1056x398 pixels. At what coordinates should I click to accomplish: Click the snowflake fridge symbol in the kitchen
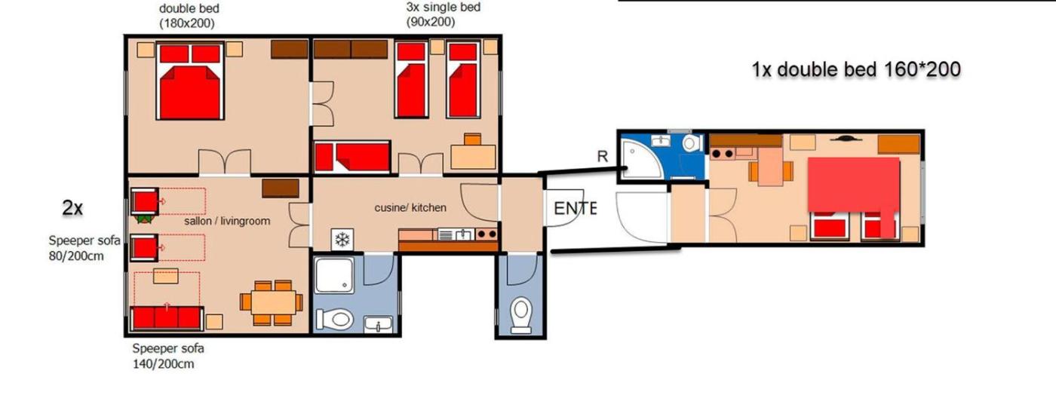(x=342, y=240)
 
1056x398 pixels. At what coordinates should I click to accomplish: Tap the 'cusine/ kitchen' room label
(x=410, y=208)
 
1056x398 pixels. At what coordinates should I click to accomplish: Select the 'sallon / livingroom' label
(x=227, y=221)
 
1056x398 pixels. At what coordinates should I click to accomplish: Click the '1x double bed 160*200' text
(x=856, y=69)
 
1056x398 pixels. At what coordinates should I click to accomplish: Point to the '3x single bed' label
(x=444, y=7)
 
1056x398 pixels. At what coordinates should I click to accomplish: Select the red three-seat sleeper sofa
(x=167, y=318)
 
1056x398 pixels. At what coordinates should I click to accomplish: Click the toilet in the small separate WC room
(x=520, y=314)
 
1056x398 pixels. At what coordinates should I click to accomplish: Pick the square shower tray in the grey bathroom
(x=334, y=275)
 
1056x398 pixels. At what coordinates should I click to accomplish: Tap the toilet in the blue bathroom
(x=691, y=142)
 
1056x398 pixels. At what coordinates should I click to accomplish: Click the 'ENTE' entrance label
(x=575, y=208)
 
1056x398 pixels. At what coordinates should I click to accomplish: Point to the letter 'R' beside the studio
(x=603, y=156)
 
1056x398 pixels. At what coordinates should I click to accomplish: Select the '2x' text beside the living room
(x=72, y=208)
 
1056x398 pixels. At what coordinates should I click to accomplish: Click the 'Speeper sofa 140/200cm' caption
(x=167, y=356)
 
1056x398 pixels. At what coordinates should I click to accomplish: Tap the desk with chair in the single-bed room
(x=473, y=152)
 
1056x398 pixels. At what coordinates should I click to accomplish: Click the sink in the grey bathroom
(x=378, y=324)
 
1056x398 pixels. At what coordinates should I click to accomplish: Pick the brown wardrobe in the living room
(x=281, y=188)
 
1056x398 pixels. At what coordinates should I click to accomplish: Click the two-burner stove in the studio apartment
(x=723, y=154)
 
